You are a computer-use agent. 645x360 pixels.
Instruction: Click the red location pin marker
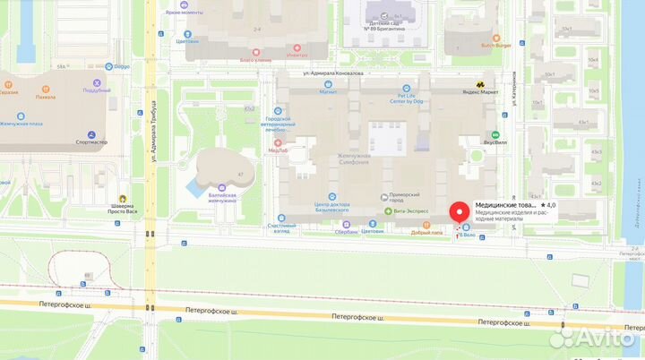click(460, 213)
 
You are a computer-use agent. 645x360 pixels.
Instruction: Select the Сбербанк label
click(346, 232)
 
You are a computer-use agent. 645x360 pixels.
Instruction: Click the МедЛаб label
click(278, 150)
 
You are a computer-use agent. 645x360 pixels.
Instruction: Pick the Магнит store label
click(328, 91)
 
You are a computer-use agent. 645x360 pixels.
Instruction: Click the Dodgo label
click(120, 66)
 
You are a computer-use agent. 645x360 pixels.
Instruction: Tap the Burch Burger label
click(495, 44)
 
